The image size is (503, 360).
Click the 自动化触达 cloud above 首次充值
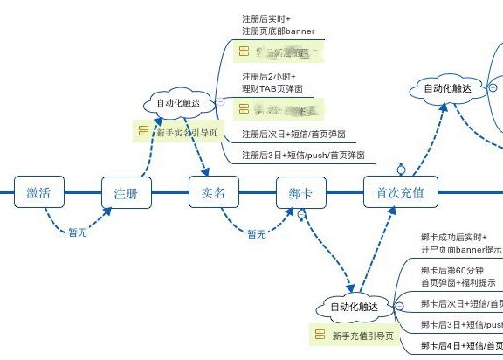(x=447, y=88)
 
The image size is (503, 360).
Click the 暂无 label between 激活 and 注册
(x=78, y=233)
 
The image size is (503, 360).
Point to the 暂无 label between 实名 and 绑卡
(x=256, y=233)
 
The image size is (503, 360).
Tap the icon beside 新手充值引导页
(x=319, y=335)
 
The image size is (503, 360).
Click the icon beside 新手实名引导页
(x=141, y=131)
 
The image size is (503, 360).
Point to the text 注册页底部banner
(x=278, y=31)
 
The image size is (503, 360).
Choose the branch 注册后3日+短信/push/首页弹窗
(x=302, y=155)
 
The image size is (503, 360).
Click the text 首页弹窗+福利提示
(x=458, y=282)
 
